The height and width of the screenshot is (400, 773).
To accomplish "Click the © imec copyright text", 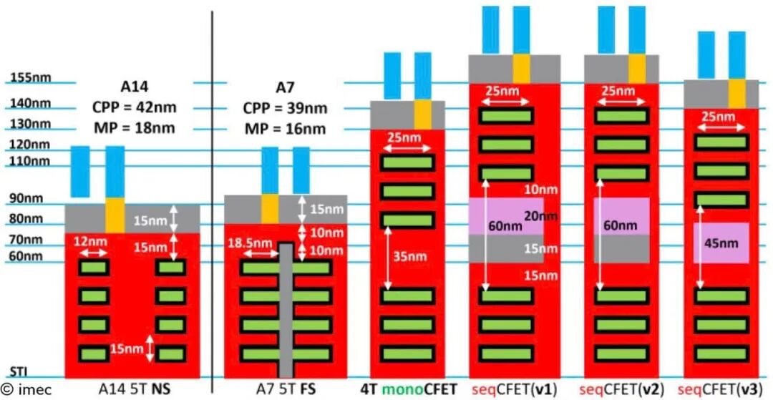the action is click(x=26, y=390).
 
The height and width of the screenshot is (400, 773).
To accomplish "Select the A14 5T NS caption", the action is click(x=134, y=390).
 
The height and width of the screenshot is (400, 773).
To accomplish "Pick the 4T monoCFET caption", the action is click(x=407, y=390).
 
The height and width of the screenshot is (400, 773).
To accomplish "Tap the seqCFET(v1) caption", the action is click(x=514, y=390).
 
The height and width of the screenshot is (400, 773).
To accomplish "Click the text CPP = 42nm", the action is click(x=134, y=108).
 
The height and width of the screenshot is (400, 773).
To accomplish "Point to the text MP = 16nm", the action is click(x=285, y=129).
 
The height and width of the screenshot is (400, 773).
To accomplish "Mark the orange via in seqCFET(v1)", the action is click(x=521, y=69).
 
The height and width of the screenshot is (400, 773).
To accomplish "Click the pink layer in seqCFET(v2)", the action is click(x=622, y=216).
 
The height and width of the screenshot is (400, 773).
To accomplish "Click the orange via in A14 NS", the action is click(x=115, y=215).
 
